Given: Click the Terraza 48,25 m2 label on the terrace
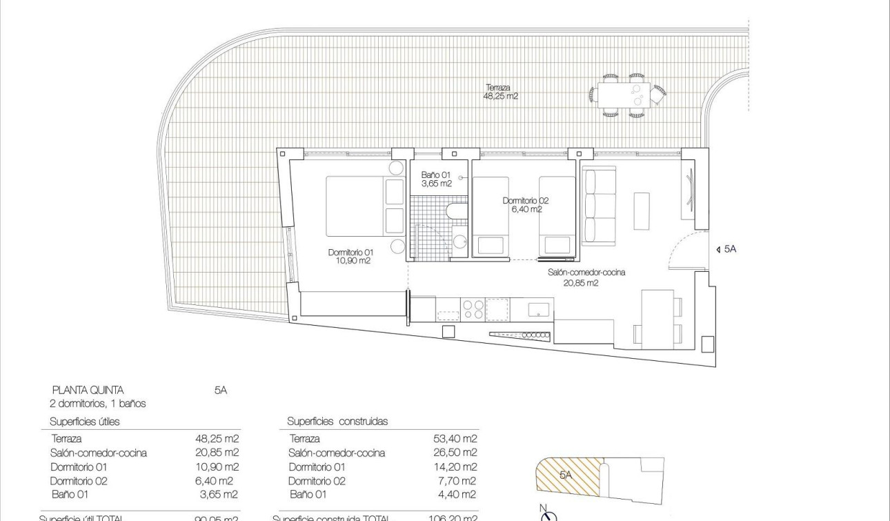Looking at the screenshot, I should tap(500, 92).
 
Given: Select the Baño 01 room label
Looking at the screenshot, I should tap(436, 179).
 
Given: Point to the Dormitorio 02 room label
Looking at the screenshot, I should tap(526, 205).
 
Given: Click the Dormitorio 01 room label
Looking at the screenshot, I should tap(350, 257).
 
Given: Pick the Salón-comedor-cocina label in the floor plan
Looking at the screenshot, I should tap(586, 277).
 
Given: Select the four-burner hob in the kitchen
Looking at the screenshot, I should tap(473, 309).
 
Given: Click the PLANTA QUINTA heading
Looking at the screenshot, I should tap(88, 390).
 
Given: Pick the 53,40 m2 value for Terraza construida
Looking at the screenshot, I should tap(455, 438).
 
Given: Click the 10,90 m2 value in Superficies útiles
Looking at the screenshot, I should tap(217, 466).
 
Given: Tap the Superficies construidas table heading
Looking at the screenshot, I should tap(337, 421).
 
